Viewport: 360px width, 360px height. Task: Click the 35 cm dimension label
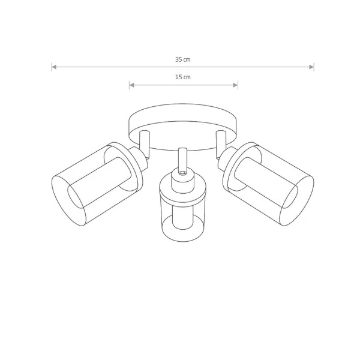coord(183,59)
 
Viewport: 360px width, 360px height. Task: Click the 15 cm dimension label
coord(183,77)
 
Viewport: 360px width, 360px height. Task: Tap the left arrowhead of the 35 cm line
coord(54,67)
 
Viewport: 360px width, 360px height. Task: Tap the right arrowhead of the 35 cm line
coord(311,67)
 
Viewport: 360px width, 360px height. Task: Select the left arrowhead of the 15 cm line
coord(132,85)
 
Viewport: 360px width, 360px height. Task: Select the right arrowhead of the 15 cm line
coord(235,85)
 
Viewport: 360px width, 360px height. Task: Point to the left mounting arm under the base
coord(145,144)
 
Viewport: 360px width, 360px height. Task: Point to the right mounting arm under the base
coord(221,144)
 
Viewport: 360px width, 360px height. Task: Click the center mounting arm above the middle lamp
coord(182,159)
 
